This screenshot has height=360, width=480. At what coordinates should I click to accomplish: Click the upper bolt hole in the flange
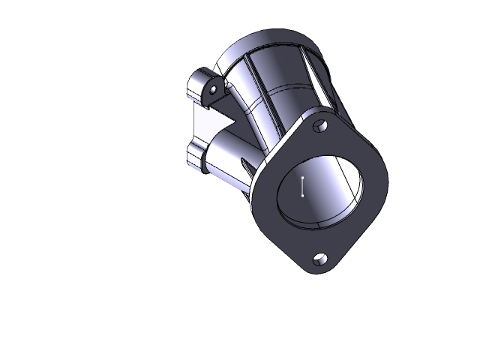point(320,125)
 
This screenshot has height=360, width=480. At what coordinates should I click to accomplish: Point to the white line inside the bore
point(302,186)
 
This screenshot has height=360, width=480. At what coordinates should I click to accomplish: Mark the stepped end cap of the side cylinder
point(194,157)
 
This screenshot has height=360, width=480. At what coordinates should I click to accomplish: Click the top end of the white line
point(302,177)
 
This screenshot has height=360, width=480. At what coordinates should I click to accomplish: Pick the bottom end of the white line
point(302,195)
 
